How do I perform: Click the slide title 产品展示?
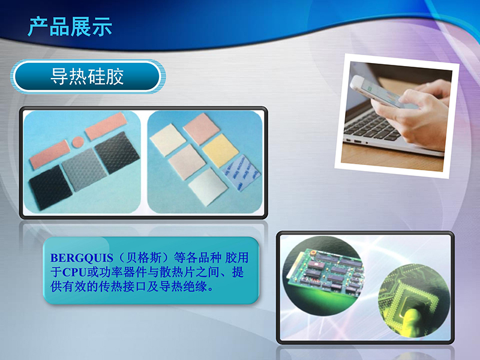click(x=70, y=27)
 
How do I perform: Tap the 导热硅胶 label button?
click(x=88, y=76)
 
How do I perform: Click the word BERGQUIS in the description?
click(x=82, y=258)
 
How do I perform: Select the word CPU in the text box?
click(x=74, y=272)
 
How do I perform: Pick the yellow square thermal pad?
click(x=220, y=151)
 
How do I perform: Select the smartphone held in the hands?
click(x=383, y=92)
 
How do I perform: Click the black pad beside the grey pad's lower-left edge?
click(x=50, y=187)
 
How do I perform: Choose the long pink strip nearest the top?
click(x=106, y=125)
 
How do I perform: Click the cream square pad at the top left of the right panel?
click(x=168, y=140)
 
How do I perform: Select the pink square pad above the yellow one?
click(x=202, y=128)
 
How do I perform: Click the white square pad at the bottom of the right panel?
click(x=208, y=187)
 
